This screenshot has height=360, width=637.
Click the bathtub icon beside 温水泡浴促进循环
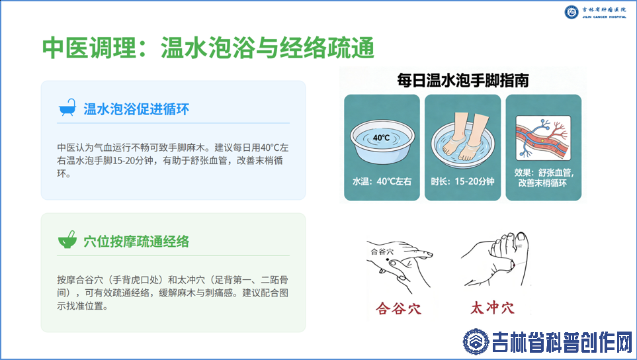[67, 108]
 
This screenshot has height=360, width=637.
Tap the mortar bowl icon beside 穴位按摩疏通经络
[67, 240]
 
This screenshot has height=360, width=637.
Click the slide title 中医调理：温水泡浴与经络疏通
[208, 48]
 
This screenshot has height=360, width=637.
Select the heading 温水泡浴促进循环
[136, 109]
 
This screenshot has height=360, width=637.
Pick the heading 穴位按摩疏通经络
[136, 242]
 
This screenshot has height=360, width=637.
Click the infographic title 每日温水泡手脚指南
[463, 81]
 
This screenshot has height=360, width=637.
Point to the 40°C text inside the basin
[381, 138]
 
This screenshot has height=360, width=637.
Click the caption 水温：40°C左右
[382, 181]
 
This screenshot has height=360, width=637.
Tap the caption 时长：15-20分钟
[463, 181]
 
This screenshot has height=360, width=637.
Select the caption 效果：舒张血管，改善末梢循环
[544, 177]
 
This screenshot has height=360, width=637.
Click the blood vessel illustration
[543, 138]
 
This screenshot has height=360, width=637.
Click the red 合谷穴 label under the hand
[398, 308]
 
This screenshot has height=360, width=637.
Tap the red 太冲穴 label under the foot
[492, 307]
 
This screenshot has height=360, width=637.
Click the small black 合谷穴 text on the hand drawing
[382, 251]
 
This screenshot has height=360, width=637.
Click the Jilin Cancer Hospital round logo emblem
[572, 12]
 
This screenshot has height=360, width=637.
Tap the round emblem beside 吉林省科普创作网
[476, 341]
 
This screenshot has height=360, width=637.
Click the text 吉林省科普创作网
[562, 342]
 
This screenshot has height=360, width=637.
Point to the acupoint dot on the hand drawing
[387, 259]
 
